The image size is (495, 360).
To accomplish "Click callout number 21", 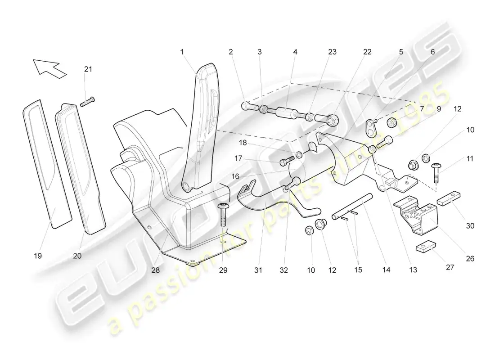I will [88, 69].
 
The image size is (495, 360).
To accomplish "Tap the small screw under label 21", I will [87, 102].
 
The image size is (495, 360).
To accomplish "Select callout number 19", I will [37, 256].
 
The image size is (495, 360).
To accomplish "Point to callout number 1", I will [182, 52].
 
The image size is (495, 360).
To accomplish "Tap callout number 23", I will [332, 52].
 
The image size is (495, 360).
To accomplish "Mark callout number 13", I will [413, 270].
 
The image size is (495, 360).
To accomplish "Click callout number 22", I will [368, 52].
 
